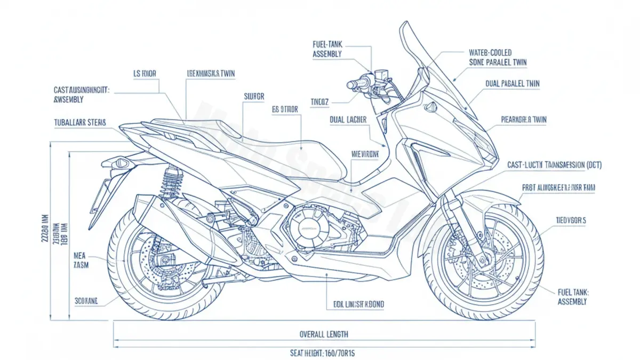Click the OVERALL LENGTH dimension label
(324, 334)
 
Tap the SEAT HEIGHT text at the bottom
(324, 353)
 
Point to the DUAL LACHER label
(348, 120)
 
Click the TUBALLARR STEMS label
(80, 122)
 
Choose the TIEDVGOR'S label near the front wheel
(571, 220)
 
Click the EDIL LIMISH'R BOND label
(355, 304)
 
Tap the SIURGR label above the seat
(254, 97)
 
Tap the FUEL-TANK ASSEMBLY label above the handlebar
(327, 49)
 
